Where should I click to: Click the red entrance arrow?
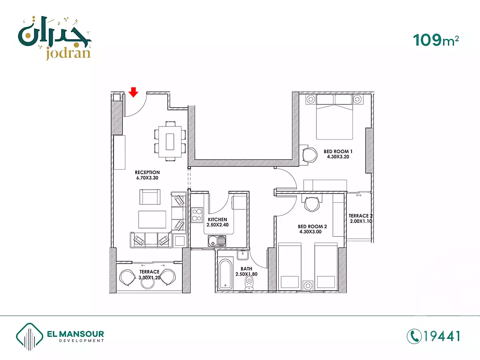pos(133,92)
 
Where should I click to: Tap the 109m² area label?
pos(436,40)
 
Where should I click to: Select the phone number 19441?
pos(442,336)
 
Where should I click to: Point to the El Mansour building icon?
pos(29,336)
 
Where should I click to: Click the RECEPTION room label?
pos(147,172)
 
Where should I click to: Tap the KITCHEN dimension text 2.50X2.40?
pos(218,225)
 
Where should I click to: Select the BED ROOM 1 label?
pos(338,151)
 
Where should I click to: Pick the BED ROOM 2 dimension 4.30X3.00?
pos(310,232)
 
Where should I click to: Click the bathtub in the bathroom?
pos(225,274)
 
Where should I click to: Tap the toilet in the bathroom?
pos(249,283)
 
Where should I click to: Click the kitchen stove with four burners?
pos(197,215)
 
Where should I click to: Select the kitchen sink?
pos(217,241)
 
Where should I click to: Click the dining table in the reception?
pos(170,142)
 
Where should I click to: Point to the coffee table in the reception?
pos(152,220)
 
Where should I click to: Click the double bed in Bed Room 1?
pos(334,117)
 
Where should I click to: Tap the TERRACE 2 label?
pos(360,216)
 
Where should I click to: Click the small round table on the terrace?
pos(148,283)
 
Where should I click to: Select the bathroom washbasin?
pos(243,255)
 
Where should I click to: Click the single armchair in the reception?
pos(150,197)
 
